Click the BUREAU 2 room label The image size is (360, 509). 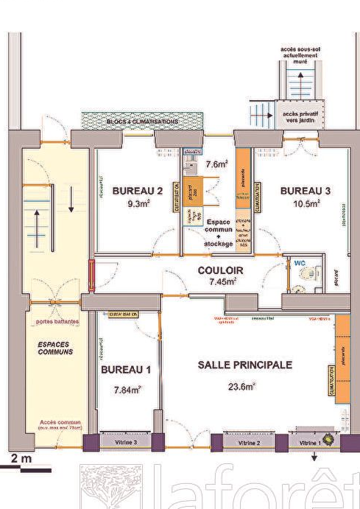pos(137,191)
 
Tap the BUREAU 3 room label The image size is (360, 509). pos(305,191)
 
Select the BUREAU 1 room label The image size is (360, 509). pos(126,369)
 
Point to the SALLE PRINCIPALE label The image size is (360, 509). pos(245,365)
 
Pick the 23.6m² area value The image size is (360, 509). pos(241,386)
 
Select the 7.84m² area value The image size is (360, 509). pos(127,390)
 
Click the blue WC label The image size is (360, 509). pos(300,261)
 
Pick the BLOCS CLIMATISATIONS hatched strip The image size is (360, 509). pos(141,121)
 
